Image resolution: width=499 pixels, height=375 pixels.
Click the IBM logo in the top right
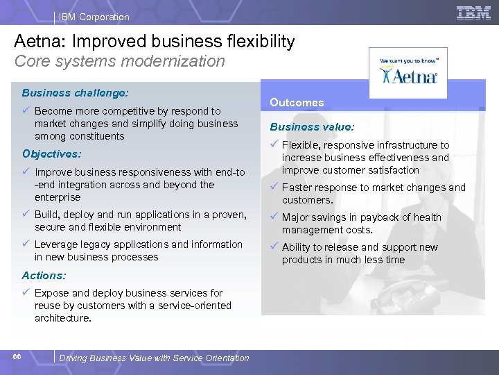473,12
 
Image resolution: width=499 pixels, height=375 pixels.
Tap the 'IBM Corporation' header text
94,17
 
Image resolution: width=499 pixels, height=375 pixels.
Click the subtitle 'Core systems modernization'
120,61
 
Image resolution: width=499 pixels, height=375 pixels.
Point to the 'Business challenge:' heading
75,92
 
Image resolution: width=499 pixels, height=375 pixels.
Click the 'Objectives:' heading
51,153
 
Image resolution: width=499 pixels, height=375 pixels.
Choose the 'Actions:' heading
44,275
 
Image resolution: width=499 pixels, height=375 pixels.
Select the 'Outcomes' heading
297,102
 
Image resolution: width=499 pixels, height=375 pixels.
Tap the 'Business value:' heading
312,127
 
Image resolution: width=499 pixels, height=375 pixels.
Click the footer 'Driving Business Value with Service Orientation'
154,358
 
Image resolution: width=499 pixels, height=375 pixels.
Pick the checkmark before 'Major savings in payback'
274,217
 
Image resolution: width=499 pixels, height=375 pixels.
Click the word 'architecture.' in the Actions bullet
63,318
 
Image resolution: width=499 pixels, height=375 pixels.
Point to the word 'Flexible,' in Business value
301,145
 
